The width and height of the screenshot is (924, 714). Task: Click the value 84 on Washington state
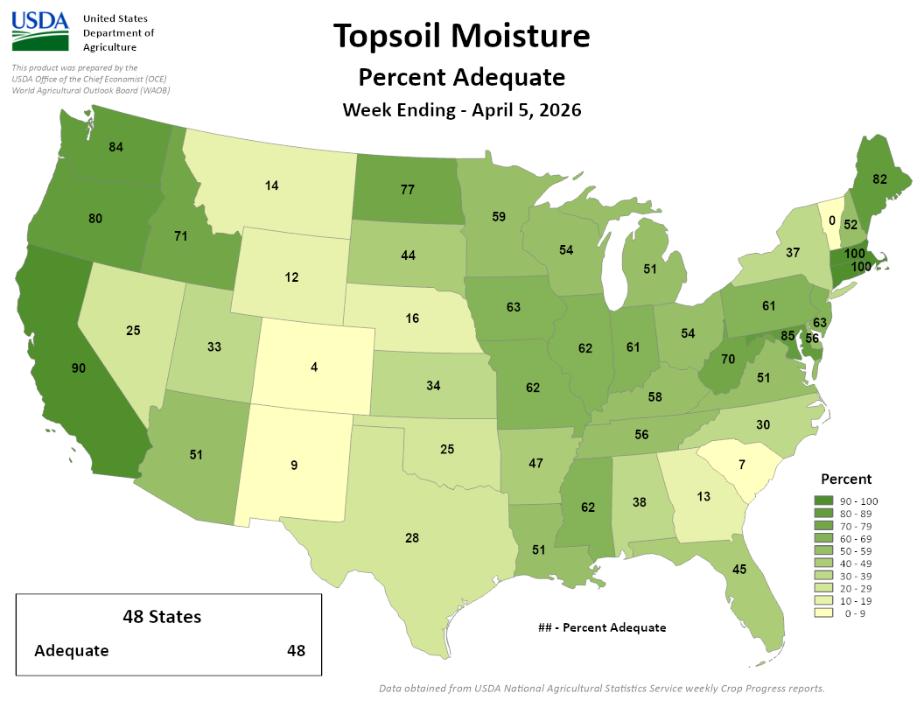(115, 146)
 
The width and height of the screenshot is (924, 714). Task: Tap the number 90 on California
(78, 368)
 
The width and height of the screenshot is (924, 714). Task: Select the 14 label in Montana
(272, 185)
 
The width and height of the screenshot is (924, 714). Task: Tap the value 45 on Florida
(738, 570)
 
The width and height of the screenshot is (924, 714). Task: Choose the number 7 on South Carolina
(741, 464)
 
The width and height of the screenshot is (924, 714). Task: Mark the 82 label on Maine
(880, 178)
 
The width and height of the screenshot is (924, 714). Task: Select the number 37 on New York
(793, 253)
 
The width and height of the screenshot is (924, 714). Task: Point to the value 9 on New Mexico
(294, 465)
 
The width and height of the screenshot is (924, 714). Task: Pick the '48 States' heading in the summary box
(162, 617)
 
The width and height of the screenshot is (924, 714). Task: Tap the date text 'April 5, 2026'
(527, 110)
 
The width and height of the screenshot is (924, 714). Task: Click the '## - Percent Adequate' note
(602, 627)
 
